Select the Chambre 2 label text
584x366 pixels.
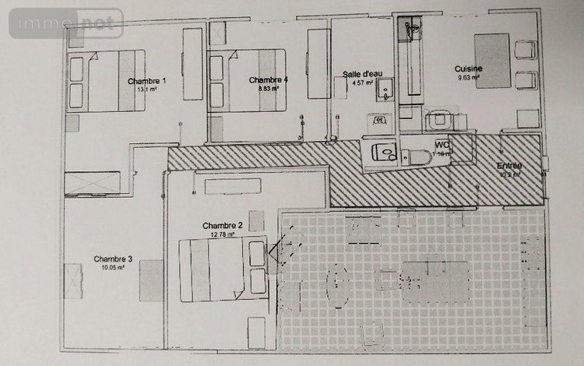(x=227, y=225)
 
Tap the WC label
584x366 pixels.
(x=442, y=145)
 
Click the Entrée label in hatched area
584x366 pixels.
(x=509, y=167)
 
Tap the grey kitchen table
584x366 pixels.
(x=492, y=61)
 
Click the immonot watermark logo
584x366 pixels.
(x=65, y=24)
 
